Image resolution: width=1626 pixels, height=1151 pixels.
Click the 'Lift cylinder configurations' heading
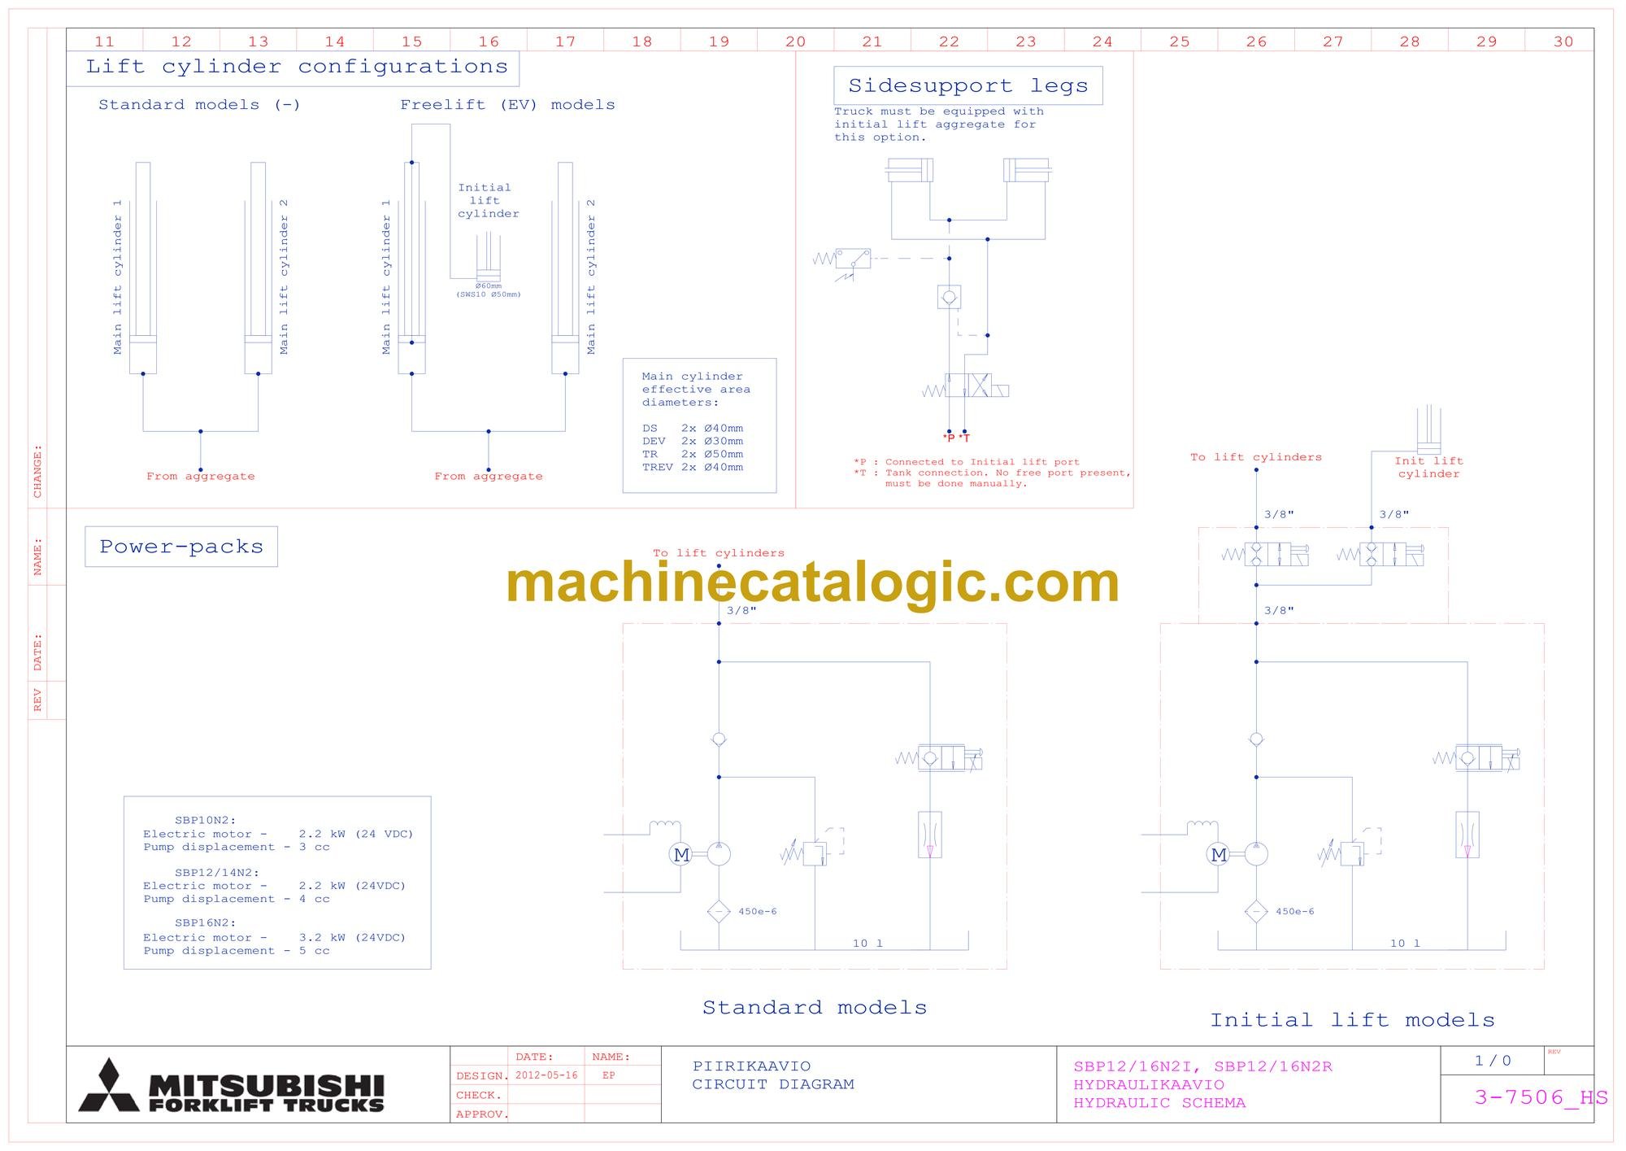coord(297,67)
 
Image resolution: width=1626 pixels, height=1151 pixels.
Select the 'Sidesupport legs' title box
coord(967,85)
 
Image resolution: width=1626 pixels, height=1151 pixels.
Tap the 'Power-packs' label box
coord(181,547)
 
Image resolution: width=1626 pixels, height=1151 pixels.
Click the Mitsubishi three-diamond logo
coord(109,1085)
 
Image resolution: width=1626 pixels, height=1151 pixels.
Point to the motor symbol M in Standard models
coord(681,854)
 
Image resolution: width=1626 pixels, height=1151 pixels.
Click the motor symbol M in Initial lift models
coord(1219,854)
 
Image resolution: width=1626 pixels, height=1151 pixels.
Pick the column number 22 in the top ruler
coord(949,41)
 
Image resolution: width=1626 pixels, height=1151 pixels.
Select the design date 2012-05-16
coord(546,1075)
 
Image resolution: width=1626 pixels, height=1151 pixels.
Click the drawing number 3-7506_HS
coord(1541,1097)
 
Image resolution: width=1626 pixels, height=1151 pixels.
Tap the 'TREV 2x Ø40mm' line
coord(693,467)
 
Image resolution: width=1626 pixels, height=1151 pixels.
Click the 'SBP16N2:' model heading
coord(206,923)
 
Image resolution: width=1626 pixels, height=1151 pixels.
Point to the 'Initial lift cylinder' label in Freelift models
coord(487,201)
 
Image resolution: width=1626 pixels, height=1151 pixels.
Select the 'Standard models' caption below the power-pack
coord(815,1008)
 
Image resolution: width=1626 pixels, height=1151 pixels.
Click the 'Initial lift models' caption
coord(1352,1020)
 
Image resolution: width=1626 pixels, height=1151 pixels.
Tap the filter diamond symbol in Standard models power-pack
coord(719,912)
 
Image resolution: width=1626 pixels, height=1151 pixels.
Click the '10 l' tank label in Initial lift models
coord(1405,944)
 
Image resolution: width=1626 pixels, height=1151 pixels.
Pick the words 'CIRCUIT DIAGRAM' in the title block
coord(773,1084)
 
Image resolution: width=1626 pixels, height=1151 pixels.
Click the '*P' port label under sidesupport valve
coord(949,438)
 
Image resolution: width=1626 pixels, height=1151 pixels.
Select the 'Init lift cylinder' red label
coord(1428,468)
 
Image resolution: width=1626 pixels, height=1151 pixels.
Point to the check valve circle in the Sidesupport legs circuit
coord(949,297)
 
